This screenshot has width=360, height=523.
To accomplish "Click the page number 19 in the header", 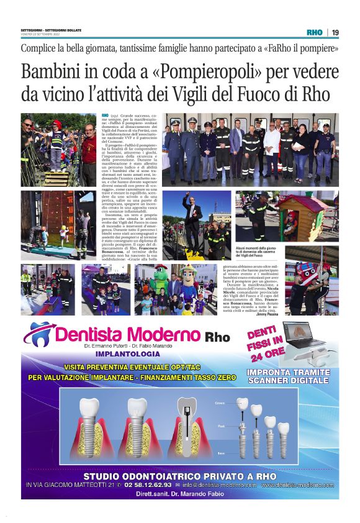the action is tap(335, 32).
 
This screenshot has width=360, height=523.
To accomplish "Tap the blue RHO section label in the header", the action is tap(315, 32).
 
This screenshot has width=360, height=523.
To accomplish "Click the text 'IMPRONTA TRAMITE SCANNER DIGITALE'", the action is tap(289, 376).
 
